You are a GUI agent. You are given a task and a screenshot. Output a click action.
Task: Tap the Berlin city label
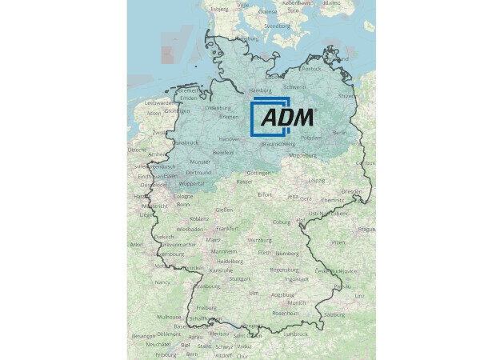339,132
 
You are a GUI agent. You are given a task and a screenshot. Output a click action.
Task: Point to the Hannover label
229,138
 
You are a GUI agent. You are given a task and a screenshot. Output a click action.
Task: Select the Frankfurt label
229,229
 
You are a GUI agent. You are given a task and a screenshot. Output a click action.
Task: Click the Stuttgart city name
239,278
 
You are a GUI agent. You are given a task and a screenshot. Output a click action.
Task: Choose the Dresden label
350,192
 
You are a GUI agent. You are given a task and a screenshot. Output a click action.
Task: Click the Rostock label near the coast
311,69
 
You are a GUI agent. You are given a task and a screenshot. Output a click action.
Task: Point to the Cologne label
183,195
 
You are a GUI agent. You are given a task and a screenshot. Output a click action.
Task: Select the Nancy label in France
162,282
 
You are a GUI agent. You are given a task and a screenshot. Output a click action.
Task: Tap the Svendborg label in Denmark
277,26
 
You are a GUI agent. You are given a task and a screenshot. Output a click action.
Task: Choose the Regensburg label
285,270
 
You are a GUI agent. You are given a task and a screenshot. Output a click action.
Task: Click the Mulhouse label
169,317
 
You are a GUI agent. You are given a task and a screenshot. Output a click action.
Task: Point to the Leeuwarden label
159,103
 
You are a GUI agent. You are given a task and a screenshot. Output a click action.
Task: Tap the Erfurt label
265,194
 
